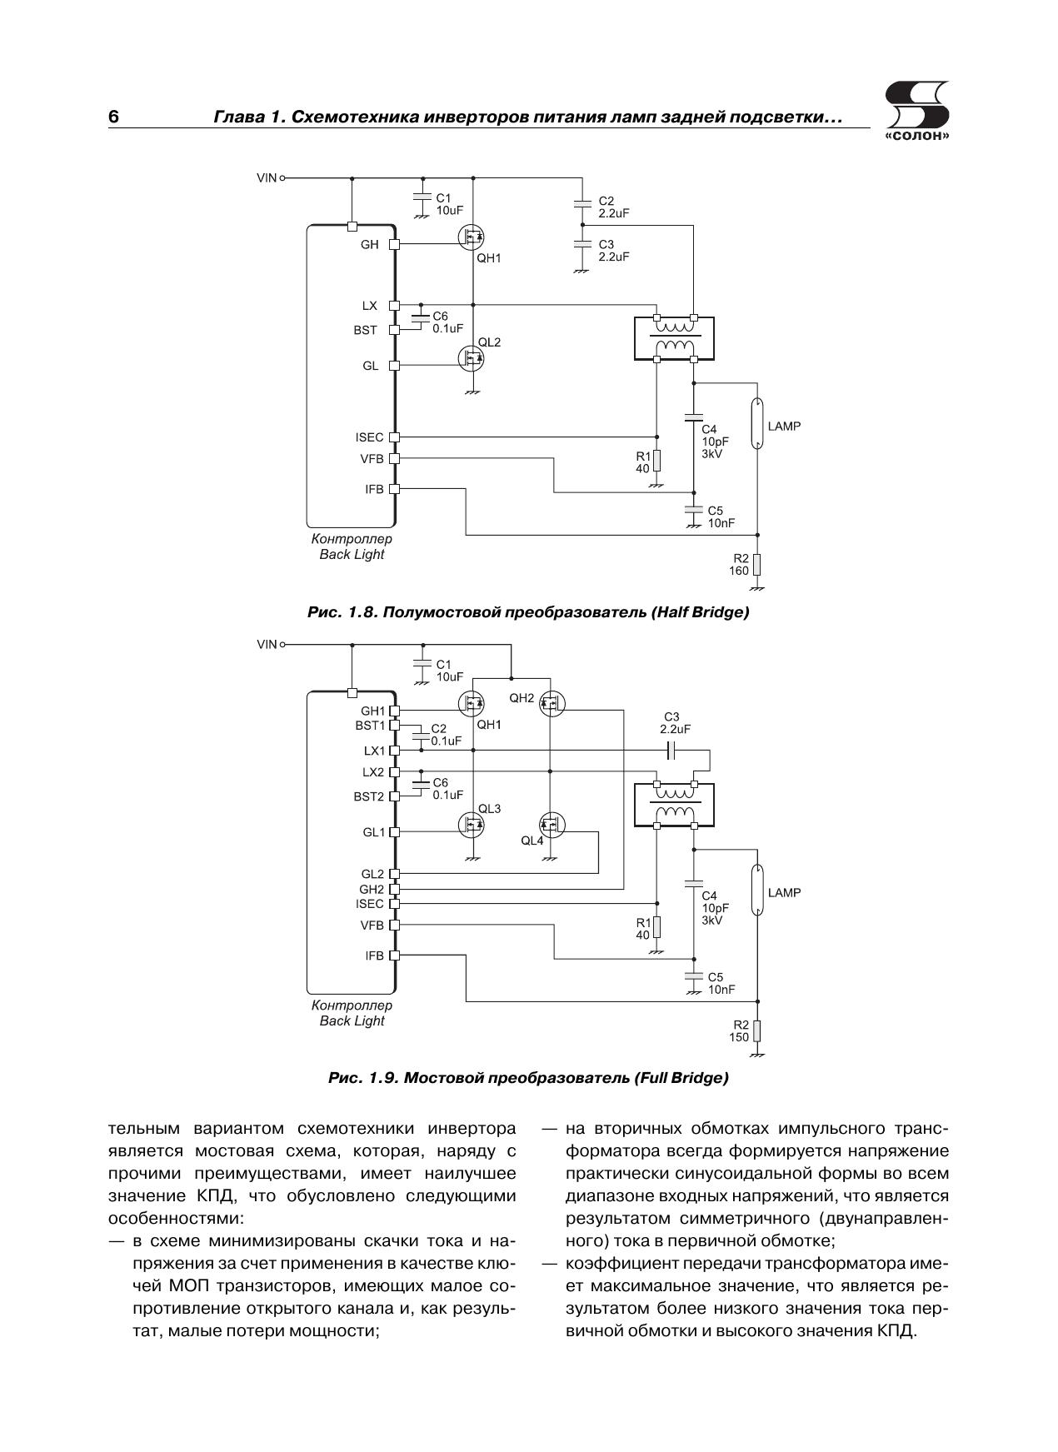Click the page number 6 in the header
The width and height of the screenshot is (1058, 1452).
pyautogui.click(x=113, y=117)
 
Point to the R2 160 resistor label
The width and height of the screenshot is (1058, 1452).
pyautogui.click(x=738, y=565)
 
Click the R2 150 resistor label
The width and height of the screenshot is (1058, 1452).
pyautogui.click(x=738, y=1031)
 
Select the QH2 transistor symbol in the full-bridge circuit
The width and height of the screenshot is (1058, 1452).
pyautogui.click(x=550, y=704)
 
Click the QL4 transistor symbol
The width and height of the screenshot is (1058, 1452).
pyautogui.click(x=550, y=826)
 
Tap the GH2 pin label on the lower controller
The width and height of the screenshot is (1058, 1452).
pyautogui.click(x=372, y=889)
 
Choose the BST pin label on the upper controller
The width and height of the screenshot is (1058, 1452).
pyautogui.click(x=365, y=331)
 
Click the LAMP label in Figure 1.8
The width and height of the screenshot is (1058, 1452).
pyautogui.click(x=784, y=427)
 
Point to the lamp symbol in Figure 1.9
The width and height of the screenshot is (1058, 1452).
pyautogui.click(x=757, y=891)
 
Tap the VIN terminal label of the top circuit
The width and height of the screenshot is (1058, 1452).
pyautogui.click(x=266, y=178)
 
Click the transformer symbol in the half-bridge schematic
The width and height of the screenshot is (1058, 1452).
pyautogui.click(x=674, y=338)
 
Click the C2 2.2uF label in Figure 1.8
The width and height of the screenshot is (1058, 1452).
pyautogui.click(x=613, y=207)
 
